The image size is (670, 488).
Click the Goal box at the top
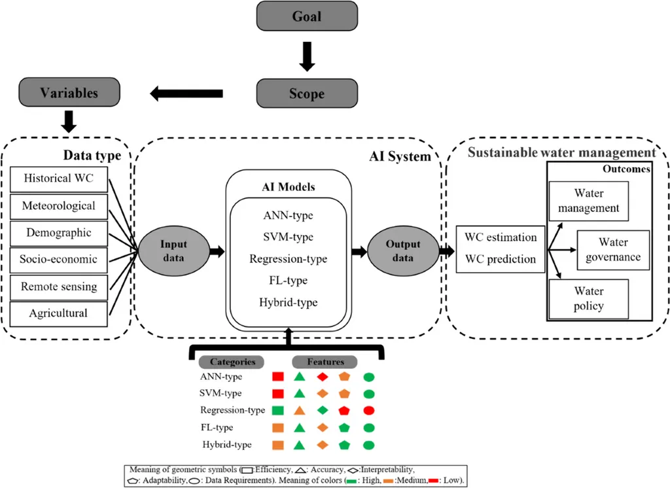pos(307,16)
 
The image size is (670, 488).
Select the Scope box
pos(306,94)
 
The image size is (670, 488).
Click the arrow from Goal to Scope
pos(307,56)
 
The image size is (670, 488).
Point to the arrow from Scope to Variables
pos(186,94)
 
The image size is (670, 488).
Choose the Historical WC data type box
pos(58,178)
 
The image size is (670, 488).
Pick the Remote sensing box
pos(58,287)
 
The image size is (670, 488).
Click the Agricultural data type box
pos(58,313)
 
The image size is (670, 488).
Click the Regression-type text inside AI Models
pos(288,259)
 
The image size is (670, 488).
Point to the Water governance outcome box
pos(612,250)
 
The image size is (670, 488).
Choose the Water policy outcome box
pos(588,298)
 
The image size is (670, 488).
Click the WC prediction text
pos(501,260)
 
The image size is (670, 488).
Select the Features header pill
pos(326,362)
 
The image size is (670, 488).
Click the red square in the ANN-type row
pos(277,377)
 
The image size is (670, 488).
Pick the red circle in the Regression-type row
pos(368,411)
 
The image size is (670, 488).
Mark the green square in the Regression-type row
pos(277,411)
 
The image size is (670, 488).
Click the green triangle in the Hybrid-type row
pos(299,445)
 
